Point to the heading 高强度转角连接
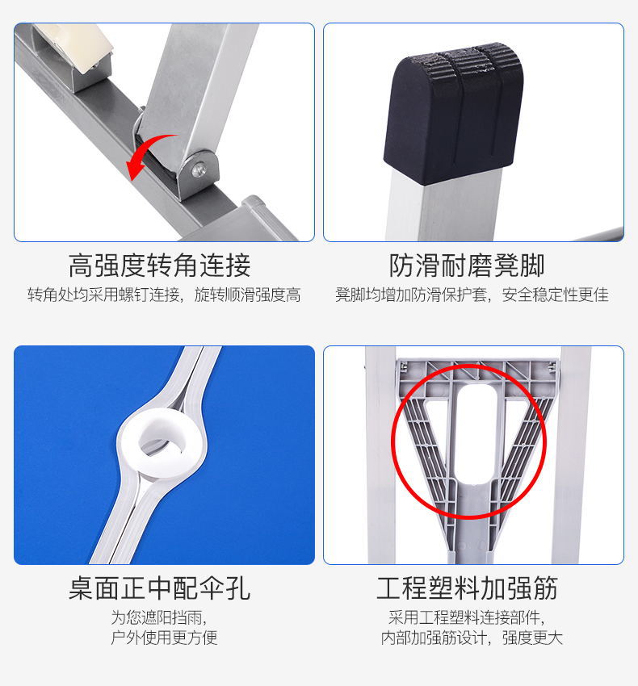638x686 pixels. tap(160, 265)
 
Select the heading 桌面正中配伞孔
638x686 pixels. tap(160, 588)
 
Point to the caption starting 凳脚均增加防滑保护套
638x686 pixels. tap(472, 295)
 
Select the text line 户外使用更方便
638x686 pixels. tap(164, 638)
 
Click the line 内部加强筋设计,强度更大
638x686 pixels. tap(472, 638)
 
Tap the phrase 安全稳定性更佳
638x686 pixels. tap(555, 295)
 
